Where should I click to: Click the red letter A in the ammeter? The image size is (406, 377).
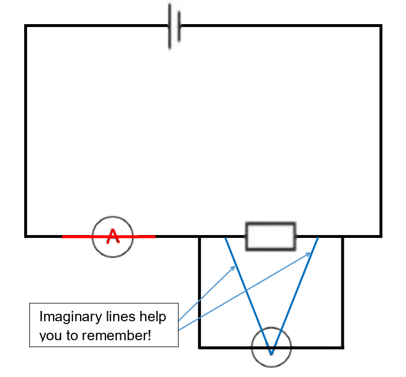113,236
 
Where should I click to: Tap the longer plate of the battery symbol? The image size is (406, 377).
170,26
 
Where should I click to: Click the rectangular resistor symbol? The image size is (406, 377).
271,236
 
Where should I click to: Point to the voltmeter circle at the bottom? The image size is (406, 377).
271,347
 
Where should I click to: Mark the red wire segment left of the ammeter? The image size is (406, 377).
77,236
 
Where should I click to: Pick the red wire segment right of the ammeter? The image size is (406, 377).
143,236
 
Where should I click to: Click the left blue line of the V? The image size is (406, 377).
248,293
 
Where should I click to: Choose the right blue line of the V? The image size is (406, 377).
295,293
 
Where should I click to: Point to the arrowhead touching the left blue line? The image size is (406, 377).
233,268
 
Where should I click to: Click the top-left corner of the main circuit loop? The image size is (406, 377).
26,26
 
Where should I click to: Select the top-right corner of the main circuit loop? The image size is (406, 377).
381,26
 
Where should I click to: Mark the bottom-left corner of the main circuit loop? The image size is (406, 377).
26,236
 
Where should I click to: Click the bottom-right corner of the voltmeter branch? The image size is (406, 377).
343,347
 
